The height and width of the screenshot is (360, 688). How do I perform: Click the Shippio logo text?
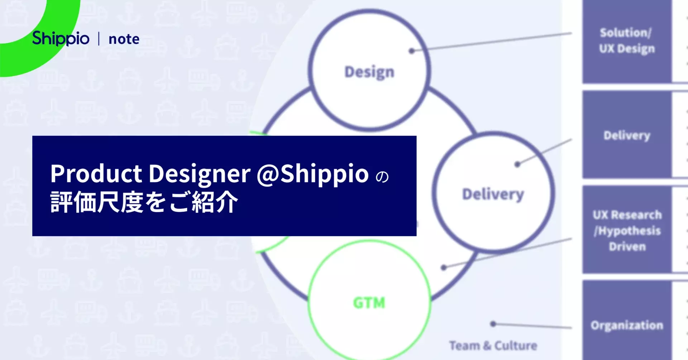point(61,39)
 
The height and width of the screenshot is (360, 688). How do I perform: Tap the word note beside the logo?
point(124,39)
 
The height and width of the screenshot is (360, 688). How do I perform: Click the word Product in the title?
point(96,174)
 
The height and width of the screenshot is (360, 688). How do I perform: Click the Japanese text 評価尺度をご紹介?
point(144,202)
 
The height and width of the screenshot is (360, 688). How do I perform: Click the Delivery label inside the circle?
point(493,195)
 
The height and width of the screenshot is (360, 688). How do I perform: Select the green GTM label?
point(369,303)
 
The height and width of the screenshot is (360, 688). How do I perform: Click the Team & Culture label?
point(493,346)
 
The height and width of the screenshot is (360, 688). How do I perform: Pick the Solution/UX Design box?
point(627,41)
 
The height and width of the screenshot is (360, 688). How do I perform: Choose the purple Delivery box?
point(627,135)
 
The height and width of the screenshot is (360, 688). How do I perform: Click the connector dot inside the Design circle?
point(412,51)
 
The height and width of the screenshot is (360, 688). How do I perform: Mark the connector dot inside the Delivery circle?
point(517,164)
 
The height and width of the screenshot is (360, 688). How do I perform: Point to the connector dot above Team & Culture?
point(493,324)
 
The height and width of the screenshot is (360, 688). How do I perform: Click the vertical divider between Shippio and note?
point(99,39)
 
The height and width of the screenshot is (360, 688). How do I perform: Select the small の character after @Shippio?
point(382,177)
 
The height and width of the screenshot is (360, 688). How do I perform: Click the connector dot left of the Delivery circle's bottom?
point(444,267)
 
